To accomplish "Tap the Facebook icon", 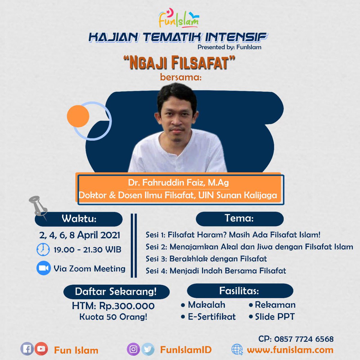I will click(x=27, y=349).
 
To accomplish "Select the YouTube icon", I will click(x=41, y=349).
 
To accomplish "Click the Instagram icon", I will click(x=133, y=349).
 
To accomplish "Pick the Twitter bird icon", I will click(x=148, y=349).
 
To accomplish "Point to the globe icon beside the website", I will click(x=237, y=349).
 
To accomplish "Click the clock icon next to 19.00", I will click(x=43, y=249).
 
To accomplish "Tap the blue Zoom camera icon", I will click(x=44, y=268).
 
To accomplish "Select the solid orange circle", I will click(x=78, y=116).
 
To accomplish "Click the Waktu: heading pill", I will click(x=79, y=219).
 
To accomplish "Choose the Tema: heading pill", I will click(x=239, y=218).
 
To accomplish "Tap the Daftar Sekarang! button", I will click(x=116, y=292).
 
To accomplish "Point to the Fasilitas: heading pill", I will click(x=240, y=291).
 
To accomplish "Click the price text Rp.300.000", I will click(x=127, y=306).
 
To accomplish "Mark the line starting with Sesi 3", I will click(x=206, y=259).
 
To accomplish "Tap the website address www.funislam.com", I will click(x=290, y=350).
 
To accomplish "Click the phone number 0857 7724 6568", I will click(x=304, y=339).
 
